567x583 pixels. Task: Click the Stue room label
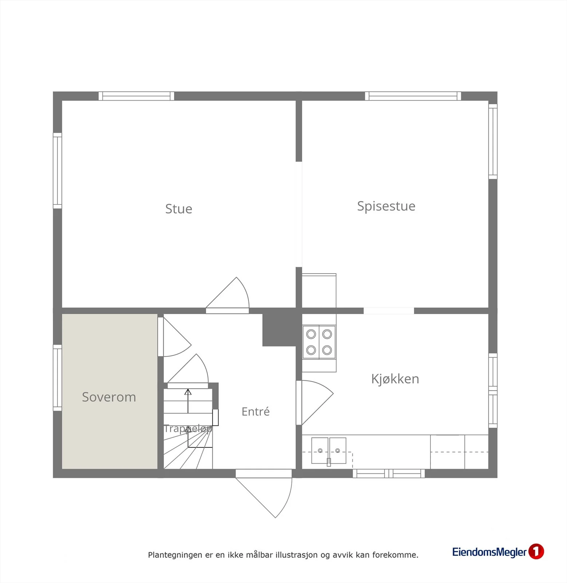178,209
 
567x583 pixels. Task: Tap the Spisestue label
386,206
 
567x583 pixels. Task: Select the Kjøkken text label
395,379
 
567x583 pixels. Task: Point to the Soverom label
109,397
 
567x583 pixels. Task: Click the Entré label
256,411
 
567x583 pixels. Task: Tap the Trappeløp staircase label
188,429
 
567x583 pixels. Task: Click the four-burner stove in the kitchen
319,342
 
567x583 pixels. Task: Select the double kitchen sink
328,451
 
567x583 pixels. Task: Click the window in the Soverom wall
57,377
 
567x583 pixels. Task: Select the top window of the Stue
136,96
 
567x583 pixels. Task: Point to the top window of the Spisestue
413,96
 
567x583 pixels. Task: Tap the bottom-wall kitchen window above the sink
389,473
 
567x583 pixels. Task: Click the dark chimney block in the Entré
279,330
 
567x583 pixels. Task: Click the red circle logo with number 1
536,551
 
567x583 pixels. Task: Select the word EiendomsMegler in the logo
489,552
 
